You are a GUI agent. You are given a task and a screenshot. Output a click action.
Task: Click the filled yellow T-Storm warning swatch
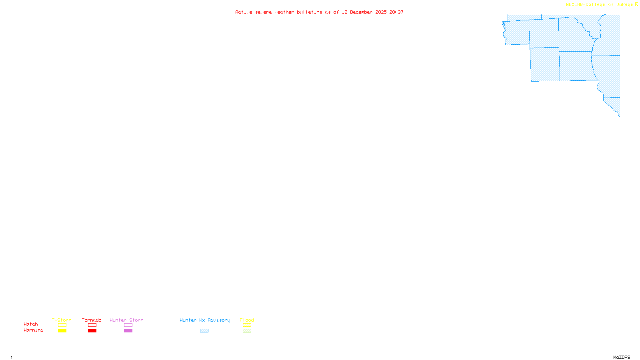pyautogui.click(x=62, y=331)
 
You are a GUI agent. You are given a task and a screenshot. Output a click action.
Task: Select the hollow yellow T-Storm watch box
pyautogui.click(x=62, y=325)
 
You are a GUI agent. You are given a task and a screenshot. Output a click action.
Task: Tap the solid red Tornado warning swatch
pyautogui.click(x=92, y=331)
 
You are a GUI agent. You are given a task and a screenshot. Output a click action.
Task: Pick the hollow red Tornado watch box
pyautogui.click(x=92, y=325)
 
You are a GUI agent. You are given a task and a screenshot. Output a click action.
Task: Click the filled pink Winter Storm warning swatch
pyautogui.click(x=128, y=331)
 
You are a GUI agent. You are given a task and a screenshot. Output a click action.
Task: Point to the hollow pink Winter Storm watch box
pyautogui.click(x=128, y=325)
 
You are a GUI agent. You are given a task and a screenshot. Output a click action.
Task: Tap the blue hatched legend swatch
pyautogui.click(x=204, y=331)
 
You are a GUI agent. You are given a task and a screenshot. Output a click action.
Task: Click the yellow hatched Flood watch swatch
pyautogui.click(x=247, y=325)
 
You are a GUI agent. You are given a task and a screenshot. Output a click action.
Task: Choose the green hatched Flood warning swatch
pyautogui.click(x=247, y=331)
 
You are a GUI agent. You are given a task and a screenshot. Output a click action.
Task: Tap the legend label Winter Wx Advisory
pyautogui.click(x=205, y=320)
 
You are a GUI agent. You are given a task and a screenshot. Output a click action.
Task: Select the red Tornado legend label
pyautogui.click(x=92, y=320)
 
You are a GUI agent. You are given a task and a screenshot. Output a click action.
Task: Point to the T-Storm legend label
pyautogui.click(x=62, y=320)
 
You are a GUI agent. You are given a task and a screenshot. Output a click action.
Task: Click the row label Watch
pyautogui.click(x=31, y=324)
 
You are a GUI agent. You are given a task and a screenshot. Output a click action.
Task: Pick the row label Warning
pyautogui.click(x=34, y=330)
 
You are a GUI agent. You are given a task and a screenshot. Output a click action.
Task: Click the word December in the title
pyautogui.click(x=361, y=12)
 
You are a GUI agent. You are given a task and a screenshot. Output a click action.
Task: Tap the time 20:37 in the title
pyautogui.click(x=396, y=12)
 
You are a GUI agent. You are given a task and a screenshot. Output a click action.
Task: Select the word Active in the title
pyautogui.click(x=244, y=12)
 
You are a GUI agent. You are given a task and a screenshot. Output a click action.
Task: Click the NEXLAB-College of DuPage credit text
pyautogui.click(x=600, y=5)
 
